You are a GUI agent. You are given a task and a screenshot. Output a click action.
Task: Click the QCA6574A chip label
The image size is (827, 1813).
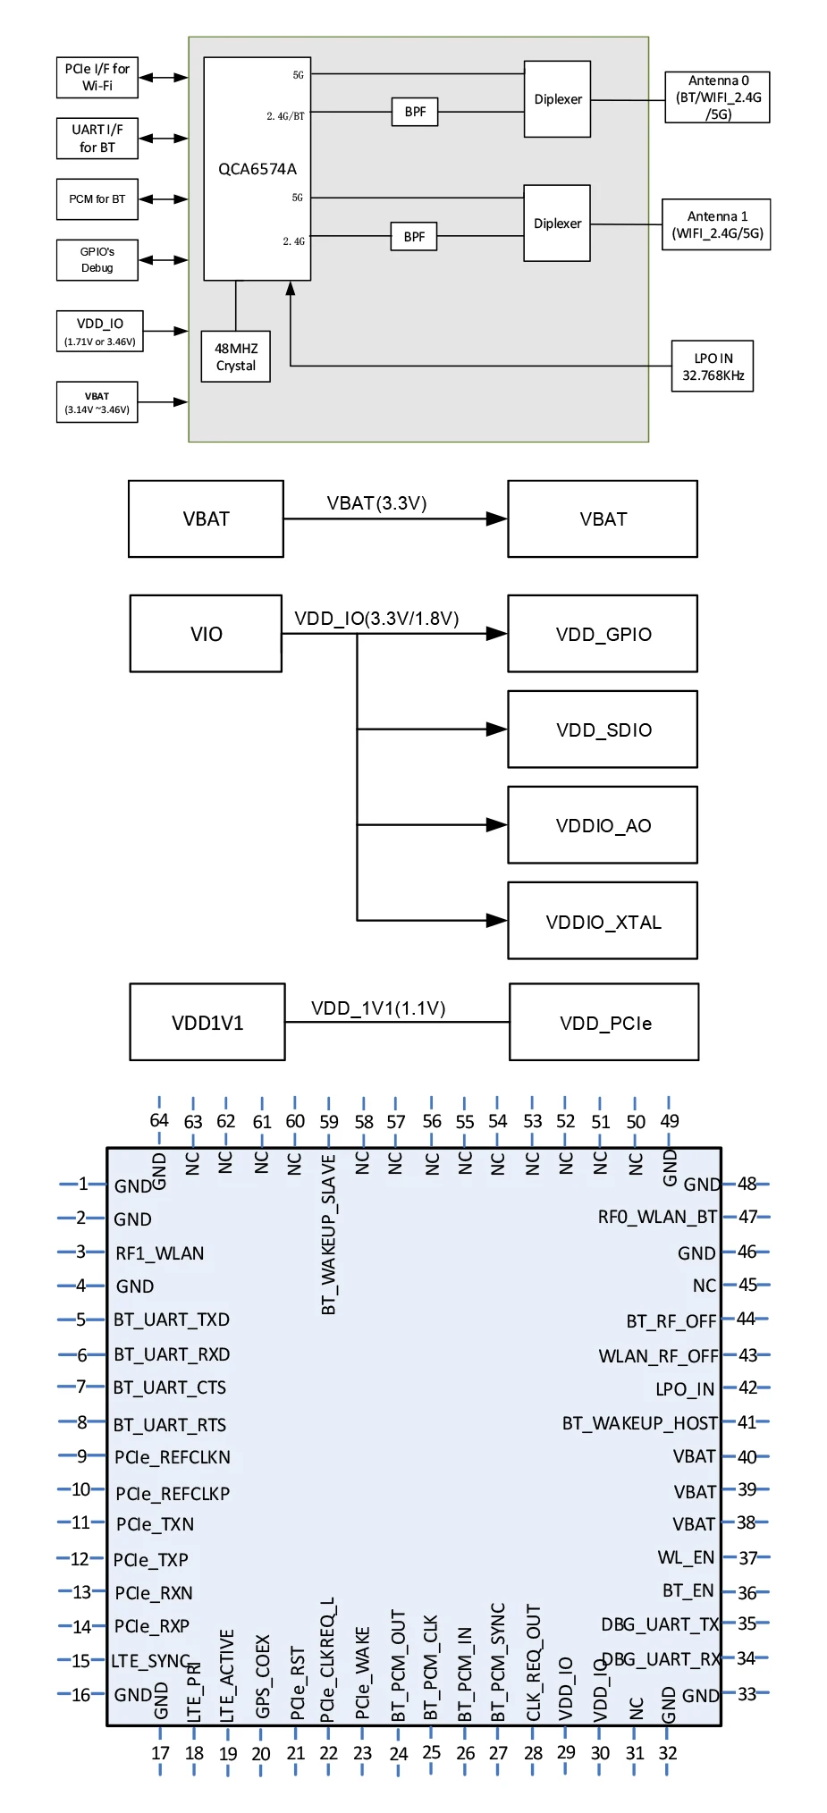pos(257,169)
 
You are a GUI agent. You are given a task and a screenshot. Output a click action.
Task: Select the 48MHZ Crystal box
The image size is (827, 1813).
pos(236,357)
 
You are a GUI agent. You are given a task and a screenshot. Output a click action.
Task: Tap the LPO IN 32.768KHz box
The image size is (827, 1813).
pos(713,367)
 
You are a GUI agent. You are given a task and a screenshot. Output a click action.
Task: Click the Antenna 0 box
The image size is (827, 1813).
pos(717,97)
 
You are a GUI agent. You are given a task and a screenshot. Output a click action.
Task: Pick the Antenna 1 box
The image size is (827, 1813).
pos(716,224)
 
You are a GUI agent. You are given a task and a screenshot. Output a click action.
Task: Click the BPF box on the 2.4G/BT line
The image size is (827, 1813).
pos(415,112)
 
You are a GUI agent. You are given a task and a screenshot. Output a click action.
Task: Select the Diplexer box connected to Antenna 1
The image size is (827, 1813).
pos(557,223)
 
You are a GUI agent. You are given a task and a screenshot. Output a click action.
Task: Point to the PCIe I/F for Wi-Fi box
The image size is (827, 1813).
pos(97,78)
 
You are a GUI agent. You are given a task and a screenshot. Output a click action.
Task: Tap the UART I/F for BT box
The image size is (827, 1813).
pos(97,139)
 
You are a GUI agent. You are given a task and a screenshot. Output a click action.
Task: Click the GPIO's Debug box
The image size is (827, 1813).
pos(97,260)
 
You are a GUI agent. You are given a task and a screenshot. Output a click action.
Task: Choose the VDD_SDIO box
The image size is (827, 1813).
pos(603,729)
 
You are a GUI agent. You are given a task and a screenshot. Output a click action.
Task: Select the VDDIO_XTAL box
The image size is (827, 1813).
pos(603,921)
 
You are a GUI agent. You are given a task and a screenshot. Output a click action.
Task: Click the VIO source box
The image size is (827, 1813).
pos(206,634)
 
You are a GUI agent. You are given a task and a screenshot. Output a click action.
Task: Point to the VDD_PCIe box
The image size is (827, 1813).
pos(604,1023)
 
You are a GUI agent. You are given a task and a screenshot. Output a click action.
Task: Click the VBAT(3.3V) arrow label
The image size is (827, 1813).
pos(376,503)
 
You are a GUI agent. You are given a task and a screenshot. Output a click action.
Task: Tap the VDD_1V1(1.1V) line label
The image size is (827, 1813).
pos(378,1008)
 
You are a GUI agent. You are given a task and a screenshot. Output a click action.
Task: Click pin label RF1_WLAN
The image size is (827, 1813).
pos(160,1253)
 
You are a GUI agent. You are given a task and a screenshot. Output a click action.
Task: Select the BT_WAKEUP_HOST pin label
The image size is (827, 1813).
pos(639,1423)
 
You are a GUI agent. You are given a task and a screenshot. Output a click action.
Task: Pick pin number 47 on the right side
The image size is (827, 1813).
pos(747,1217)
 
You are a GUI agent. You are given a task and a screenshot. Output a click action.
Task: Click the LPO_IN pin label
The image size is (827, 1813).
pos(685,1389)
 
